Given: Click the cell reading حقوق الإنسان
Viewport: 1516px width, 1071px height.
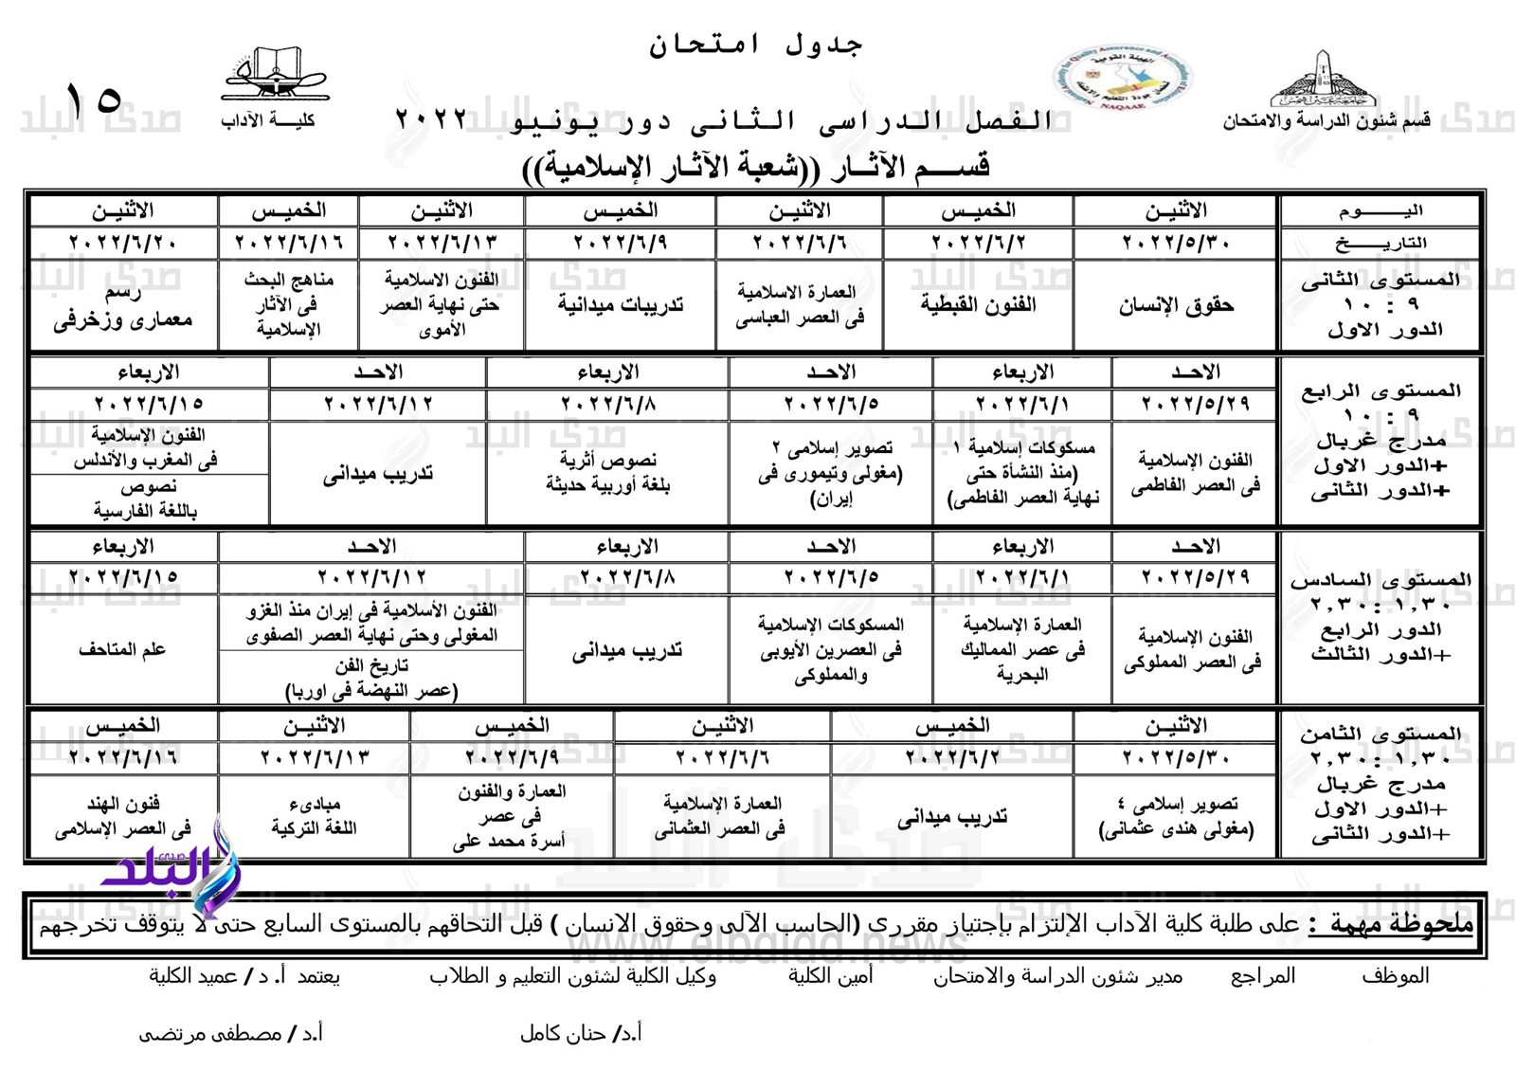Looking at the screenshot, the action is tap(1175, 305).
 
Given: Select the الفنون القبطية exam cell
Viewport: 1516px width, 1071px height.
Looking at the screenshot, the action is tap(978, 305).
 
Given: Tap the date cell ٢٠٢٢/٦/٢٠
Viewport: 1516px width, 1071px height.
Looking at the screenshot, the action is tap(123, 244).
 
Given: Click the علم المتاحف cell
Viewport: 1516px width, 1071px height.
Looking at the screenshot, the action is tap(123, 649).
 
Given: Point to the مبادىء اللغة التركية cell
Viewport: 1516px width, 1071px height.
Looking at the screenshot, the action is tap(314, 816).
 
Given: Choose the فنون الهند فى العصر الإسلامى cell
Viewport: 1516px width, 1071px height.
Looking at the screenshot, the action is tap(123, 816).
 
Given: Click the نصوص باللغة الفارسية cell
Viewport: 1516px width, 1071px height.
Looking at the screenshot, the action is tap(148, 499).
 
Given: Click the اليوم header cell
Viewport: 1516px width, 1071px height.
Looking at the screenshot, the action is tap(1380, 210).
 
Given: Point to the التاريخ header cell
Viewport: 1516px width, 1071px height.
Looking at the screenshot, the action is tap(1380, 244).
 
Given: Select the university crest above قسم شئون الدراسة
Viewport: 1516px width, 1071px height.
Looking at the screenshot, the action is tap(1322, 80).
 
